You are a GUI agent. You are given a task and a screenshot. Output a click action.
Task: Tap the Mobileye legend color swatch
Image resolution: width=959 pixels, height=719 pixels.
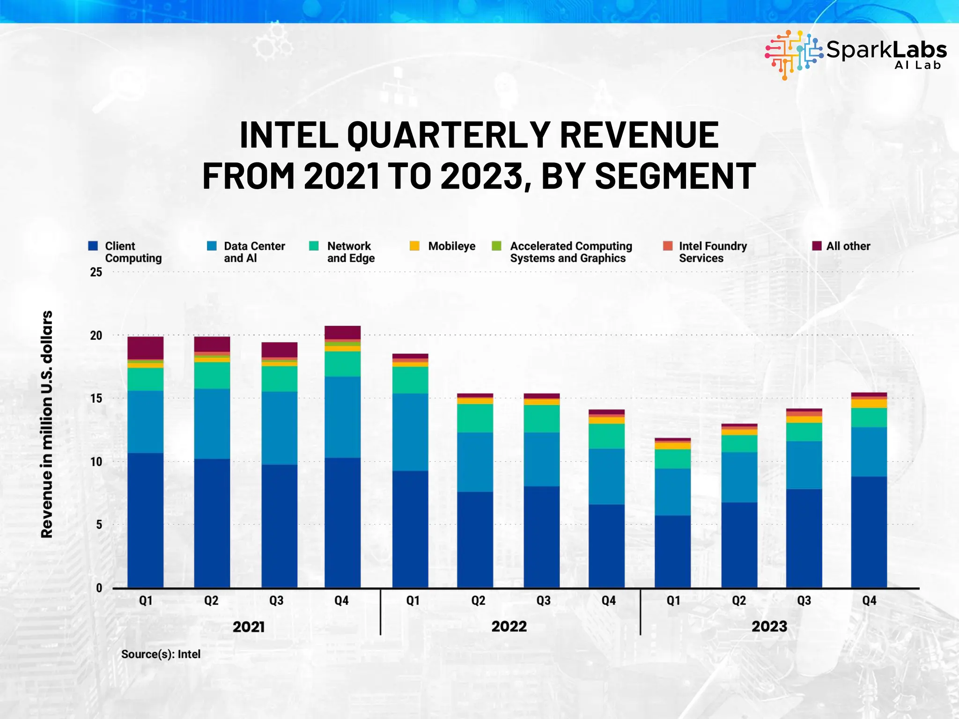pos(414,246)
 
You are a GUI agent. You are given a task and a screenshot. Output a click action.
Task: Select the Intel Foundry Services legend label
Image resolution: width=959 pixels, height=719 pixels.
pos(712,252)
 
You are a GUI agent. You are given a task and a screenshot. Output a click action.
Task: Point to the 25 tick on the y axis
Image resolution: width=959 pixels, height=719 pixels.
pos(96,272)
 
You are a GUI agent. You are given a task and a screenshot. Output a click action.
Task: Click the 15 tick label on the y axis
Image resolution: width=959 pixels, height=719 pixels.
pos(96,398)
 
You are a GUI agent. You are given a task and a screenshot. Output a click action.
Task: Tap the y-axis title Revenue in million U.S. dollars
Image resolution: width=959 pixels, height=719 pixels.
pos(47,424)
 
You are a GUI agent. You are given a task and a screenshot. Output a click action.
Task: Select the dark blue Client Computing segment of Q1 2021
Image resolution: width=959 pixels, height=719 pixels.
pos(145,520)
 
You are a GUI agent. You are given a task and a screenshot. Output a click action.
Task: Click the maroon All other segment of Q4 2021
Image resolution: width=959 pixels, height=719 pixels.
pos(342,332)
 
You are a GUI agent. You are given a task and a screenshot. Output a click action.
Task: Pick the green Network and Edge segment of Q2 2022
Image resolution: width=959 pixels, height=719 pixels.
pos(475,418)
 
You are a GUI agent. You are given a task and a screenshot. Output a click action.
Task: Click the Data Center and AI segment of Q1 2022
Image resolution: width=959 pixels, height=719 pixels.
pos(410,432)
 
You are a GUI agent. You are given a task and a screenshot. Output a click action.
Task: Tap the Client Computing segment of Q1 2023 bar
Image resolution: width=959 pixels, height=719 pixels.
pos(672,551)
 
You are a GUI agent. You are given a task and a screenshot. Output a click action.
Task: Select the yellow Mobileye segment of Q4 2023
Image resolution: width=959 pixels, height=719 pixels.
pos(869,403)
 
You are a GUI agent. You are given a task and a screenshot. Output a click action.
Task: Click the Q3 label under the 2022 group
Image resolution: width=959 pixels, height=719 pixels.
pos(543,601)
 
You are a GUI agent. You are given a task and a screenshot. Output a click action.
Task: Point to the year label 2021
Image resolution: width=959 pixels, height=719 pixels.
pos(249,627)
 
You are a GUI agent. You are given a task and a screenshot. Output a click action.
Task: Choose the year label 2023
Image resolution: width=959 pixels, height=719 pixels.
pos(769,626)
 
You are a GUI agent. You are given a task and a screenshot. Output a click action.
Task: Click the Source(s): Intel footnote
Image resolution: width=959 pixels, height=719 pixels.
pos(161,654)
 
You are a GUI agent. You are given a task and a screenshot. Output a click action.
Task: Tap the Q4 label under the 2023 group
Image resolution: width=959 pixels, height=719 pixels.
pos(869,601)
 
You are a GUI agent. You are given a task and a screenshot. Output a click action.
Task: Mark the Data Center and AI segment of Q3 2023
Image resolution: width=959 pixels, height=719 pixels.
pos(804,464)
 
